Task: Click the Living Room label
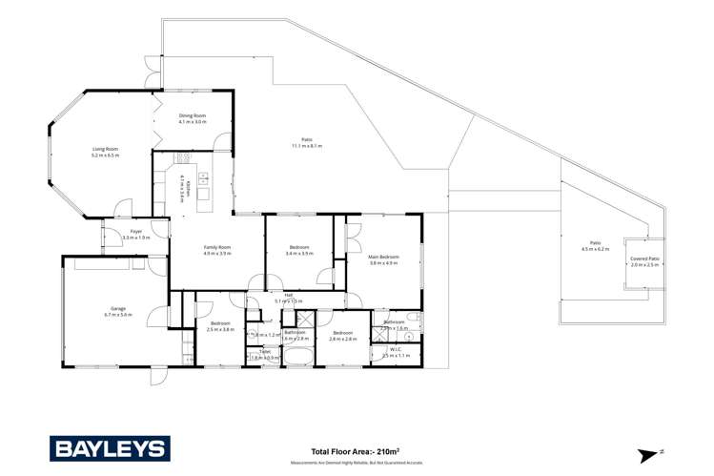coord(105,149)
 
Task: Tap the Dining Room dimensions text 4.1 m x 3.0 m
coord(193,122)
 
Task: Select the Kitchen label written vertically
coord(188,188)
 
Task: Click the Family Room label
coord(218,247)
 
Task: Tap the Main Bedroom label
coord(383,257)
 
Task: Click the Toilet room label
coord(265,351)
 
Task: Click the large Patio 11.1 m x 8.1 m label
coord(307,140)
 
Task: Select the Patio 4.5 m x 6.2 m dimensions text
coord(595,249)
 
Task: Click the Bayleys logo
coord(110,448)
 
